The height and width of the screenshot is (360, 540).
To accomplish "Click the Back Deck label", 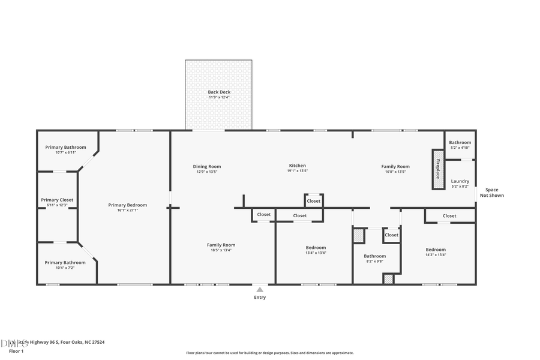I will point(219,92).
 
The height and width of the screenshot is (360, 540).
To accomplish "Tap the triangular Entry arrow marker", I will point(260,289).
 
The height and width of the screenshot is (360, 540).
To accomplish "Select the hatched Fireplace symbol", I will point(437,169).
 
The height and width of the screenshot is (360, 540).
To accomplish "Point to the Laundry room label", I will point(460,181).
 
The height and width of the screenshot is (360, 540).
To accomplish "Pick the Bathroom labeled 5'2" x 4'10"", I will point(460,143).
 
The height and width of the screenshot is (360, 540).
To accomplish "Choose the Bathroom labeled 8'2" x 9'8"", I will point(374,256).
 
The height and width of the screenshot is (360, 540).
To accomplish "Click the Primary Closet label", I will point(58,200).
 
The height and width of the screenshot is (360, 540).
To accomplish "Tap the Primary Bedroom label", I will point(127,205).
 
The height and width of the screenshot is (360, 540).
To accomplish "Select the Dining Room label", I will point(207,166).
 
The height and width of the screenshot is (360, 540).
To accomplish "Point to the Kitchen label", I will point(298,166).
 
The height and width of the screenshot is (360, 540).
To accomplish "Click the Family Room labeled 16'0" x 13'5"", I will point(395,166).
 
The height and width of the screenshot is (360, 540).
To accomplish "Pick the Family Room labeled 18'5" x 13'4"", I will point(221,245).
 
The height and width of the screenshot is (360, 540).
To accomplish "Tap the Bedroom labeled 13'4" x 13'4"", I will point(316,248).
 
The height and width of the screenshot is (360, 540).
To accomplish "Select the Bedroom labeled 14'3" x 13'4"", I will point(436,250).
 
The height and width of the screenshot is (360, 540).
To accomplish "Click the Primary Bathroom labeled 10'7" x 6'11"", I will point(65,148).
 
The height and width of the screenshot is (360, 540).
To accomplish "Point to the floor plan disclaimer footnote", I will point(269,353).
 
